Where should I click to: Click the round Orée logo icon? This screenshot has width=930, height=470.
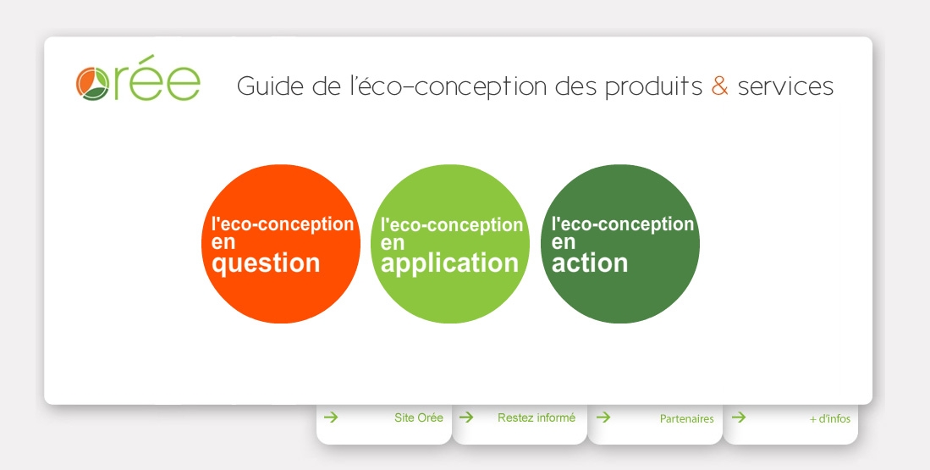click(x=92, y=84)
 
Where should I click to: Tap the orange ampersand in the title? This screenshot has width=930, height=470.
click(x=719, y=86)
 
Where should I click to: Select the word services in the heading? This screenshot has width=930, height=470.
click(x=785, y=86)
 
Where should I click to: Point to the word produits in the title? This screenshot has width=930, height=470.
click(x=653, y=87)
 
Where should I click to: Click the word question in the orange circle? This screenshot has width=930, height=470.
click(x=266, y=263)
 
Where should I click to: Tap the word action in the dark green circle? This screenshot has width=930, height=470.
click(x=590, y=263)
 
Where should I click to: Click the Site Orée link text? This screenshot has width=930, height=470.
click(x=419, y=417)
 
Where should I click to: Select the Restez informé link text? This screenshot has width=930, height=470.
click(x=537, y=417)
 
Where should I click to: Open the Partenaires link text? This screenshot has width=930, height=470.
click(x=687, y=419)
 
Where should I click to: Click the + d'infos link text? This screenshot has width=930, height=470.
click(x=830, y=419)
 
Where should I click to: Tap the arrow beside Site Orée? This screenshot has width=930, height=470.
click(x=331, y=417)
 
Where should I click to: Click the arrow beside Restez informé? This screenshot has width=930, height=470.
click(x=466, y=417)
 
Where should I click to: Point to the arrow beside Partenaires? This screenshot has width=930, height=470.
click(x=603, y=417)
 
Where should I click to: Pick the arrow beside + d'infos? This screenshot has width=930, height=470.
click(x=739, y=417)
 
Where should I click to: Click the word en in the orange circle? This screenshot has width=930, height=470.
click(x=223, y=243)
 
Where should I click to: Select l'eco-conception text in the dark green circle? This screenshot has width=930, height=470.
click(x=623, y=224)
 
